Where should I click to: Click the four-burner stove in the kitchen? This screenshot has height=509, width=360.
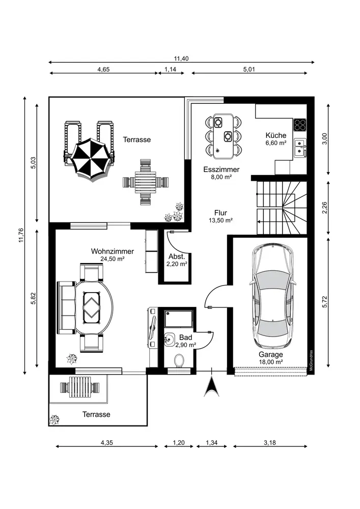click(x=300, y=124)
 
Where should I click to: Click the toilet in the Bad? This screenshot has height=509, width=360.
click(x=179, y=360)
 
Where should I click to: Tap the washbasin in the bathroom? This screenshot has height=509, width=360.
click(x=170, y=340)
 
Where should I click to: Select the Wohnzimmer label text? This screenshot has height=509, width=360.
click(x=113, y=251)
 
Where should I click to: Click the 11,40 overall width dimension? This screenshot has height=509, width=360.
click(x=181, y=59)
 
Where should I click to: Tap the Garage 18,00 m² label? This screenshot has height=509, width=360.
click(x=271, y=358)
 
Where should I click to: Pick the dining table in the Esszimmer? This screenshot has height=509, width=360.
click(x=224, y=136)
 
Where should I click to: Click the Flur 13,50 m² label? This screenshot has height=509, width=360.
click(x=221, y=216)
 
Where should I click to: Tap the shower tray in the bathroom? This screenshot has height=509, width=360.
click(x=179, y=319)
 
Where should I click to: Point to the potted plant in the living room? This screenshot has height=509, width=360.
click(x=71, y=359)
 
